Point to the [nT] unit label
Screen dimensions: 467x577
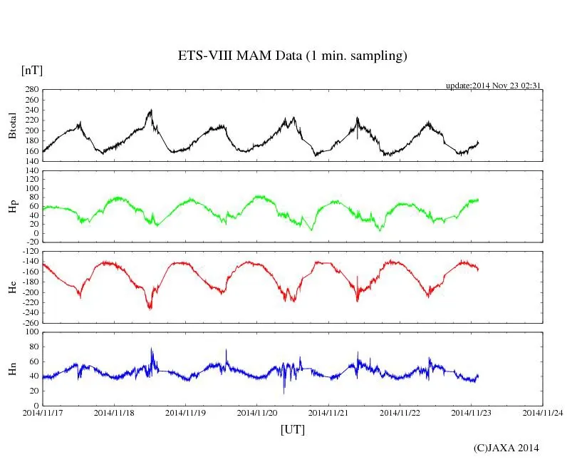coord(32,71)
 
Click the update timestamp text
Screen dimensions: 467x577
coord(494,86)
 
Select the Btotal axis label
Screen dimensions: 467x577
coord(12,125)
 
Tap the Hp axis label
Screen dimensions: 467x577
coord(12,206)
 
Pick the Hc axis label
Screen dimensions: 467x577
coord(12,287)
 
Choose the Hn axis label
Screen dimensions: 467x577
coord(12,369)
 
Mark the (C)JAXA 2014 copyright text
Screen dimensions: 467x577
coord(506,448)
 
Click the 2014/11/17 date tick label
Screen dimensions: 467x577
coord(42,413)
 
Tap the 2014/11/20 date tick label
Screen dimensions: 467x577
coord(257,413)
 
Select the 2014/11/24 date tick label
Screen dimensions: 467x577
coord(543,413)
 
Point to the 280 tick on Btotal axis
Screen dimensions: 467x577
coord(30,90)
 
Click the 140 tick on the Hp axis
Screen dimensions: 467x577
coord(30,171)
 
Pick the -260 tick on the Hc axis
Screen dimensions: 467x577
coord(28,323)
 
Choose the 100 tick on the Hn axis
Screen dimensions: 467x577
coord(30,332)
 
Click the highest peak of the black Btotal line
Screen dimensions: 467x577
coord(151,110)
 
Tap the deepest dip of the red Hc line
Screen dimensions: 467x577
coord(150,308)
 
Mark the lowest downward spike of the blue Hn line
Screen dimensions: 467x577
coord(284,393)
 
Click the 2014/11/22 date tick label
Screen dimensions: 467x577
coord(400,413)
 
